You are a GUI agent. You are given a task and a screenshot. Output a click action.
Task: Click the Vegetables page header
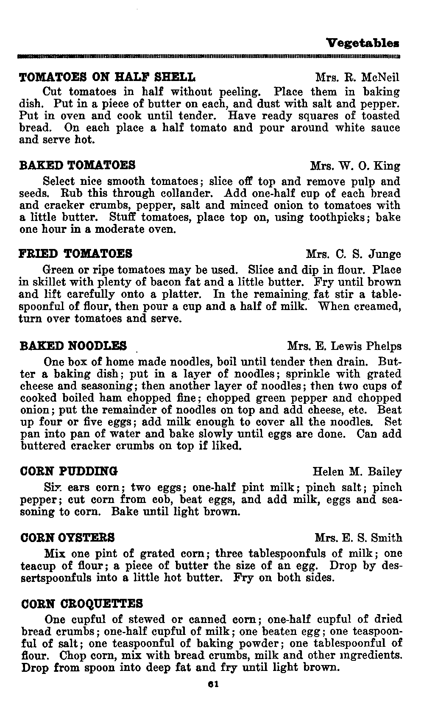(x=363, y=43)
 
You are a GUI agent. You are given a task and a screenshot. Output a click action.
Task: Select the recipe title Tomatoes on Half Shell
(x=108, y=77)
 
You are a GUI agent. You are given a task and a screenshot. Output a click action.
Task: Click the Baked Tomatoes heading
(x=78, y=165)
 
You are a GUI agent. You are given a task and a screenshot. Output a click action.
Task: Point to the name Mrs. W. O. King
(x=355, y=165)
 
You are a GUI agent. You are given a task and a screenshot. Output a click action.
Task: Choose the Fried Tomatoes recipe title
(x=76, y=254)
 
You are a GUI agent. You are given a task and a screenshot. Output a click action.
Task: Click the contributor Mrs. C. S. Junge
(x=353, y=254)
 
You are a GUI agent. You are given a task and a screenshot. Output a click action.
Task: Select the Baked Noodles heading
(x=74, y=346)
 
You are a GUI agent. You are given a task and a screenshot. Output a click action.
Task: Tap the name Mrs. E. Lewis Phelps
(x=344, y=347)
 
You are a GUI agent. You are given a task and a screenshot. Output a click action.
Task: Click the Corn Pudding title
(x=70, y=471)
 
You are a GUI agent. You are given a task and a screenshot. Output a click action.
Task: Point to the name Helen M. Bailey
(x=357, y=472)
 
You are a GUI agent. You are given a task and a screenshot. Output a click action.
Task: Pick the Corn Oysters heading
(x=68, y=538)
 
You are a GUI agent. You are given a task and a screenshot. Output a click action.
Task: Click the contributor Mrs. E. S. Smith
(x=358, y=538)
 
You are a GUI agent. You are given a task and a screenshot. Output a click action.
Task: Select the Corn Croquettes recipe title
(x=82, y=603)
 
